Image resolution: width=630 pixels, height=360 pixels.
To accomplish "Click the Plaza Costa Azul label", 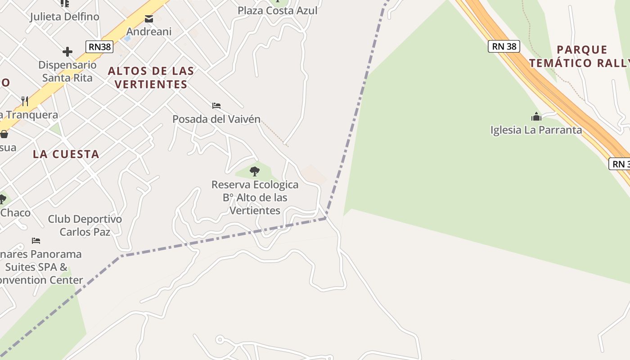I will tap(277, 10).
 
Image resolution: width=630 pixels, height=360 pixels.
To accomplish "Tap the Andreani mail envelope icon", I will tap(148, 19).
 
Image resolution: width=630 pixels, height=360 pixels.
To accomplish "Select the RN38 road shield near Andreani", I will tap(99, 46).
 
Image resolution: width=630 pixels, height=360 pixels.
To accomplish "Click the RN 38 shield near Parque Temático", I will tap(504, 46).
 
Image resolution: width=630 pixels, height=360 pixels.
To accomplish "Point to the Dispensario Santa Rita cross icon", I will tap(67, 52).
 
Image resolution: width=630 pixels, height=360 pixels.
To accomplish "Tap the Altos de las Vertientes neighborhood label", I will tap(151, 77).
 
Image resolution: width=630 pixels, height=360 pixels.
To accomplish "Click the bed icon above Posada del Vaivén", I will tap(216, 106).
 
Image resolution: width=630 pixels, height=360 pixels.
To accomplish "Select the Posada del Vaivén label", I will tap(216, 119).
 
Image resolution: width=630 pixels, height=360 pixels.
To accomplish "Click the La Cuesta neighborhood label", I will tap(66, 154).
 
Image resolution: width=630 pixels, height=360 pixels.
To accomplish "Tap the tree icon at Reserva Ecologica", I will tap(254, 171).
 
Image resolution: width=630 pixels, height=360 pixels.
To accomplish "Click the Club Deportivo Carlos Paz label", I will tap(85, 225).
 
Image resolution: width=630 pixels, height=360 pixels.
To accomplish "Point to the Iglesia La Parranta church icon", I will tap(536, 117).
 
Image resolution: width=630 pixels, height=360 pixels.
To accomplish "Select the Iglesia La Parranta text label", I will tap(536, 130).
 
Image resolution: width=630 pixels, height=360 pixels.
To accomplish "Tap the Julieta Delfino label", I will tap(64, 17).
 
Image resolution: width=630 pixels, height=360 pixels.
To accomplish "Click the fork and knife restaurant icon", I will tap(25, 101).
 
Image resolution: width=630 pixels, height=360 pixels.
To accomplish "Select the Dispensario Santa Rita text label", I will tap(67, 71).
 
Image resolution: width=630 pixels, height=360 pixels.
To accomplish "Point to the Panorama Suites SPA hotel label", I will tap(40, 267).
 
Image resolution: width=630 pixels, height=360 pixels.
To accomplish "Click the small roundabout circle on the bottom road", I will tap(220, 339).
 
